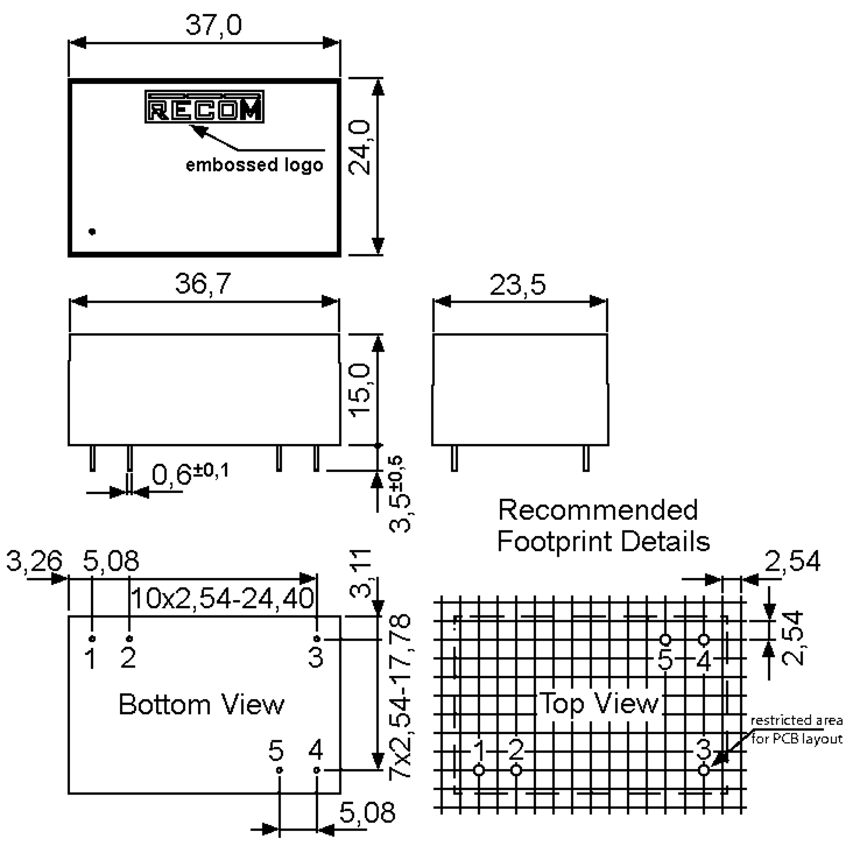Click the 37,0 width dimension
pos(213,25)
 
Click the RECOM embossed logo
pos(204,107)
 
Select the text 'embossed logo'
pos(254,165)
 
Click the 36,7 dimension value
pos(203,284)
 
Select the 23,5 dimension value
pos(517,285)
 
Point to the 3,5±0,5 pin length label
pos(400,494)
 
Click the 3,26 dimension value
pos(34,561)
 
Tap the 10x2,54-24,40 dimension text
pos(222,599)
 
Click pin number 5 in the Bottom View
pos(276,751)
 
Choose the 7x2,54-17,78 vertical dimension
pos(400,698)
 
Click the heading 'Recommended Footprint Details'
pos(603,525)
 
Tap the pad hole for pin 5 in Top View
pos(665,639)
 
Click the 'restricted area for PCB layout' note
pos(796,729)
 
